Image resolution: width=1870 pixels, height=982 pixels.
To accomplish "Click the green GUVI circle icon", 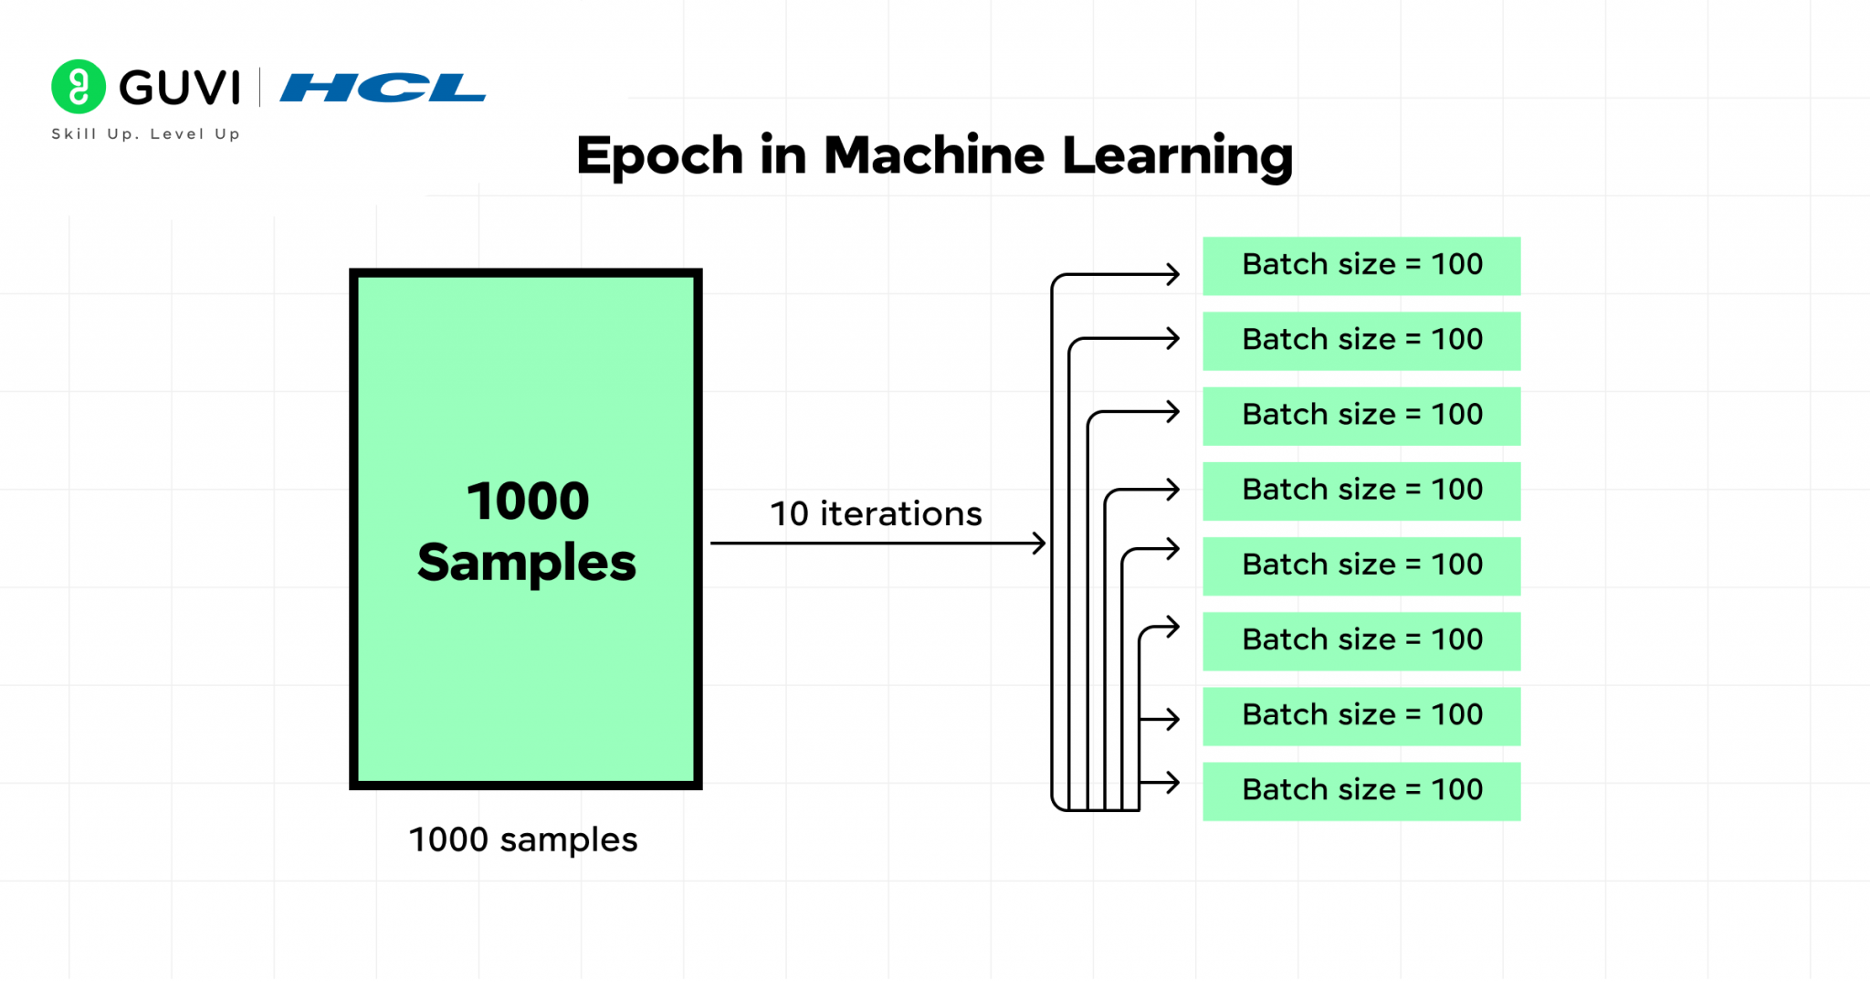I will pyautogui.click(x=79, y=87).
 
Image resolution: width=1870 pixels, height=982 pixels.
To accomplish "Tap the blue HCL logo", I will pyautogui.click(x=383, y=88).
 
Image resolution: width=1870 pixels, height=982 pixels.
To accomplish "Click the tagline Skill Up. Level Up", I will pyautogui.click(x=146, y=134).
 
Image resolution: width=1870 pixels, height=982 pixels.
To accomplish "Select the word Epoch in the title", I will pyautogui.click(x=659, y=156).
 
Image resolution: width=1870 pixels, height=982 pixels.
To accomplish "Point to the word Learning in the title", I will pyautogui.click(x=1177, y=156).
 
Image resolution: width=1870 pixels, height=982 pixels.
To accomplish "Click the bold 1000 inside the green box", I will pyautogui.click(x=528, y=502).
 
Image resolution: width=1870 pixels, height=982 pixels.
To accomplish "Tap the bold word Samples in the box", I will pyautogui.click(x=527, y=562).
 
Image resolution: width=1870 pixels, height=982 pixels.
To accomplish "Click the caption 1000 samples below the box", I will pyautogui.click(x=522, y=839).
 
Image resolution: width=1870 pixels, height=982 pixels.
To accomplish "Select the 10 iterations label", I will pyautogui.click(x=876, y=513).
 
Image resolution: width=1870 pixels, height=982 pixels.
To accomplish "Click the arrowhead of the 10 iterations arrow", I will pyautogui.click(x=1040, y=544).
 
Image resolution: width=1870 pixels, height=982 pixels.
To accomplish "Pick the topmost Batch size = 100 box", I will pyautogui.click(x=1361, y=266).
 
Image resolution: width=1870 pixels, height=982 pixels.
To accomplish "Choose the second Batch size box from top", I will pyautogui.click(x=1361, y=341).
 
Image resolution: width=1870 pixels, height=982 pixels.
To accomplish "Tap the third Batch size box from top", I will pyautogui.click(x=1361, y=416).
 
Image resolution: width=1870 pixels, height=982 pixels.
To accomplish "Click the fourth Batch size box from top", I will pyautogui.click(x=1361, y=491).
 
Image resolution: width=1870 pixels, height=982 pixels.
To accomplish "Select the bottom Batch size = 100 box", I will pyautogui.click(x=1361, y=791).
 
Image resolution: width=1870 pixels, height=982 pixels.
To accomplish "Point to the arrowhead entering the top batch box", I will pyautogui.click(x=1174, y=274).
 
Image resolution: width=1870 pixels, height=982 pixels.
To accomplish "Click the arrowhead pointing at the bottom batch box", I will pyautogui.click(x=1174, y=783).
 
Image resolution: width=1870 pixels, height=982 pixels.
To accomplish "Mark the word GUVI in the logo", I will pyautogui.click(x=180, y=88).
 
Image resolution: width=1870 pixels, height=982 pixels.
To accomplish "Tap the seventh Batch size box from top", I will pyautogui.click(x=1361, y=716).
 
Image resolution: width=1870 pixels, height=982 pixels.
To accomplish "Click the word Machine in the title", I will pyautogui.click(x=933, y=156).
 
